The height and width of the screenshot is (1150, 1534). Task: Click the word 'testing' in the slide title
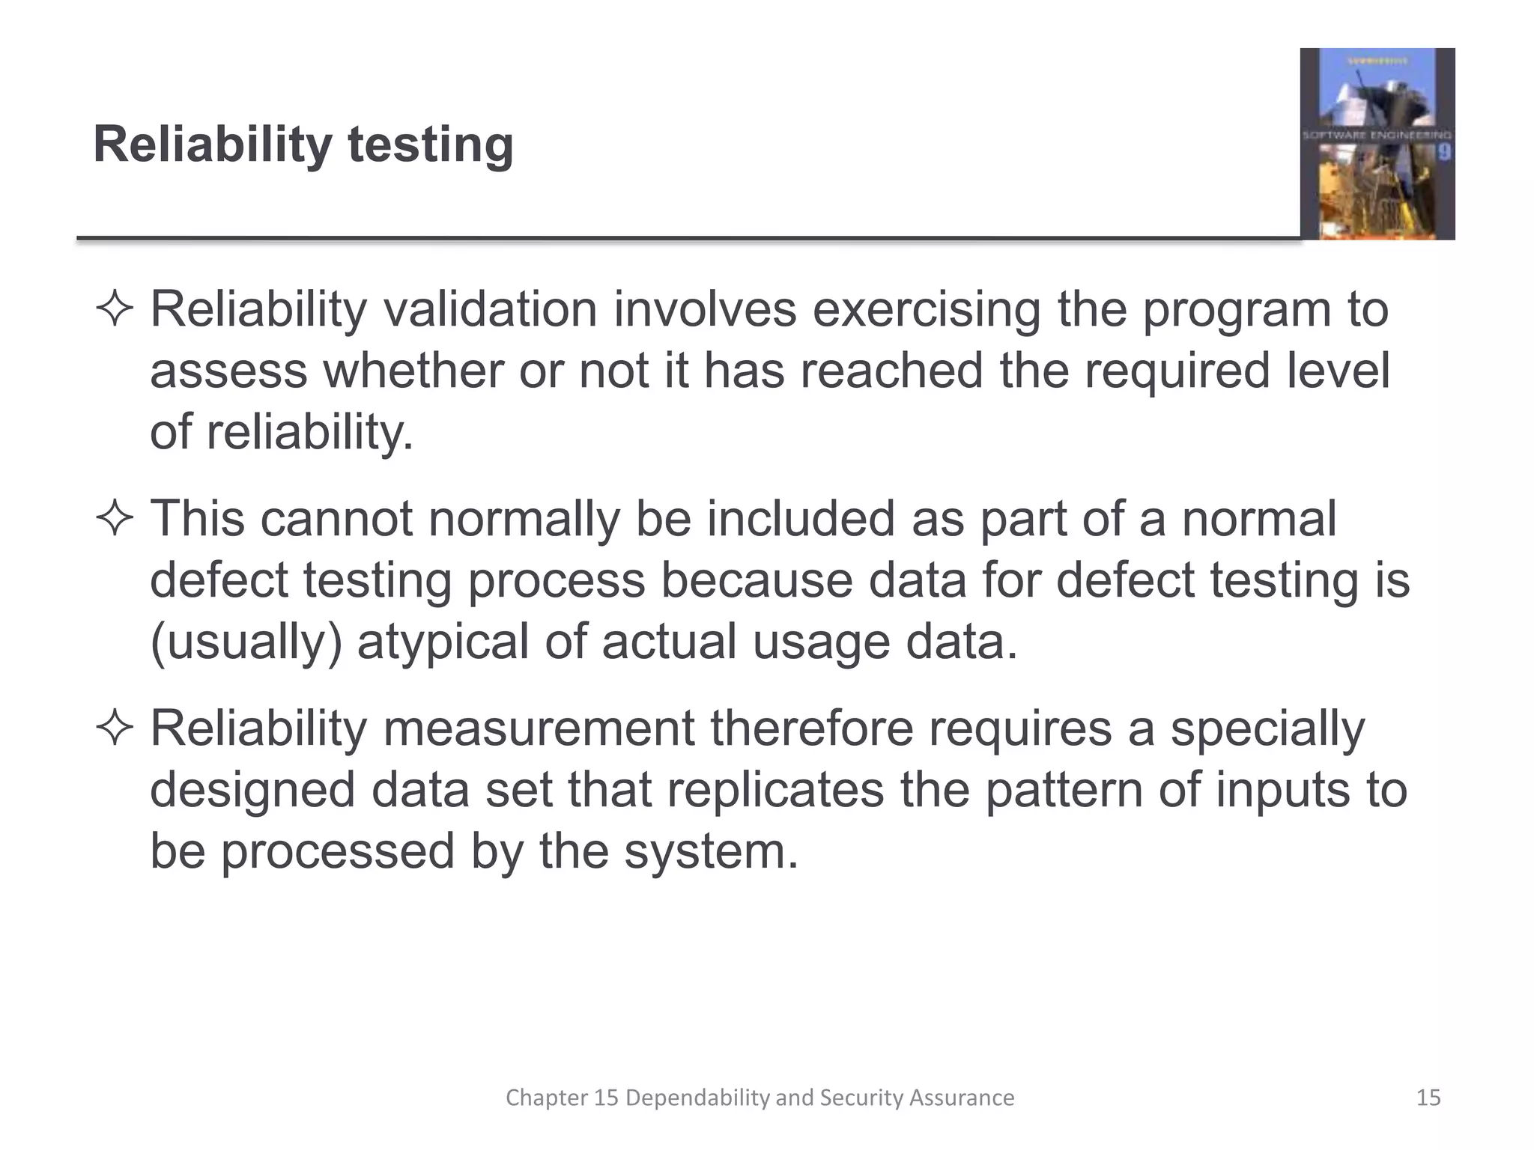click(x=431, y=144)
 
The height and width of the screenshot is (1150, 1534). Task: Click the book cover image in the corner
click(x=1377, y=144)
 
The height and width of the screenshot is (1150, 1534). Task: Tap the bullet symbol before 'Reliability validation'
click(x=115, y=309)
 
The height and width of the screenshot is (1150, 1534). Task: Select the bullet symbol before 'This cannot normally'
click(x=115, y=519)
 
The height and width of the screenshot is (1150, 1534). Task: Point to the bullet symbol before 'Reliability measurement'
click(x=115, y=728)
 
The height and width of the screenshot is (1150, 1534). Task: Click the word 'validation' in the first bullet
click(x=490, y=309)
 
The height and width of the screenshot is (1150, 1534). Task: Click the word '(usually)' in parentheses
click(x=246, y=642)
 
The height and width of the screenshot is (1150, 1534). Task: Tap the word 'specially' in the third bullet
click(x=1267, y=728)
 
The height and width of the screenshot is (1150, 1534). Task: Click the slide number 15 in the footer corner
click(x=1428, y=1098)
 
